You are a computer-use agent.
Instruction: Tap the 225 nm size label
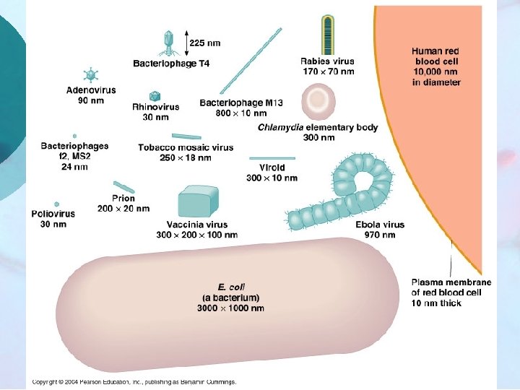pyautogui.click(x=205, y=42)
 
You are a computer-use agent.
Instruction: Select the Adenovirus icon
pyautogui.click(x=90, y=75)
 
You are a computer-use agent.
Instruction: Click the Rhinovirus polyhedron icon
pyautogui.click(x=155, y=96)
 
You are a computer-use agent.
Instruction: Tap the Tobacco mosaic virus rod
pyautogui.click(x=186, y=136)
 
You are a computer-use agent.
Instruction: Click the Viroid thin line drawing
pyautogui.click(x=271, y=157)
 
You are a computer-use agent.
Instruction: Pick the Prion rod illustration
pyautogui.click(x=123, y=187)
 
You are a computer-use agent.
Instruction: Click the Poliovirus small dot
pyautogui.click(x=56, y=204)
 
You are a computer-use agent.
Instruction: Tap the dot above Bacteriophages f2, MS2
pyautogui.click(x=74, y=136)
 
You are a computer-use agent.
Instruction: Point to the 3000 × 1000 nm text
pyautogui.click(x=230, y=308)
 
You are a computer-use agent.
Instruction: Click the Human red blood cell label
pyautogui.click(x=436, y=67)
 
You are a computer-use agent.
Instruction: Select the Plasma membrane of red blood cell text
pyautogui.click(x=451, y=292)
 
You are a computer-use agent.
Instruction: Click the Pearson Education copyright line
pyautogui.click(x=134, y=382)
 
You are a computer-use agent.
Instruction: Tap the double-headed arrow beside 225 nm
pyautogui.click(x=186, y=42)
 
